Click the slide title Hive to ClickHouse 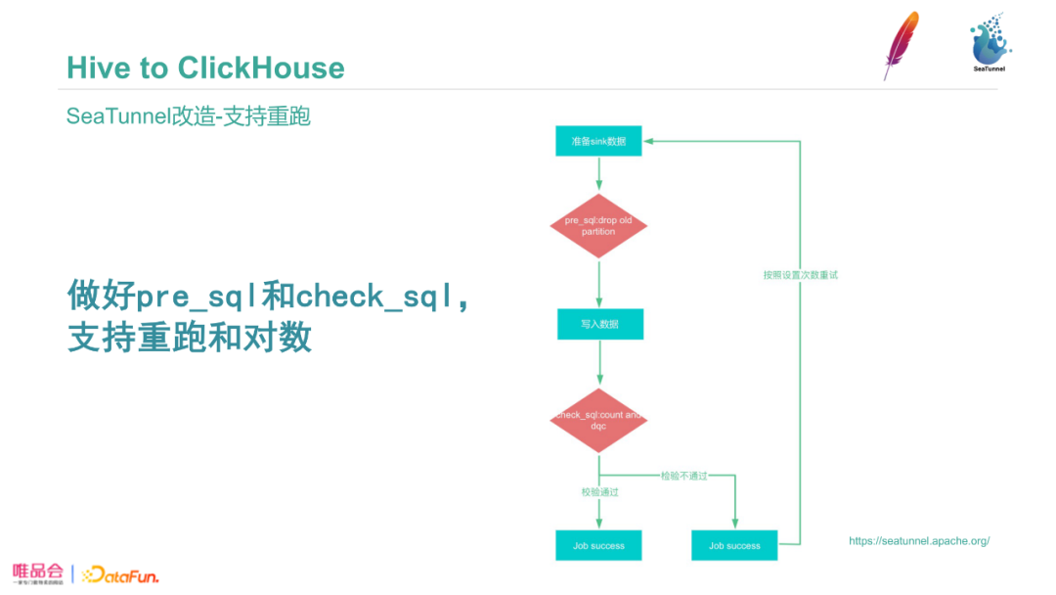[x=205, y=68]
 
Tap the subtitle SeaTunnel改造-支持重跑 [x=188, y=116]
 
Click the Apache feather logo [x=900, y=44]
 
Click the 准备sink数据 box [x=598, y=141]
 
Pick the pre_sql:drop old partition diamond [x=598, y=226]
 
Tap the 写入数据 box [x=599, y=324]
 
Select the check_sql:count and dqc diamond [x=598, y=420]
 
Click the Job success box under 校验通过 [x=598, y=545]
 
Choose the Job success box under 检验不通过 [x=734, y=545]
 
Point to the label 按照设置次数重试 [x=800, y=275]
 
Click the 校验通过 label [x=598, y=492]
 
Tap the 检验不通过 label [x=683, y=476]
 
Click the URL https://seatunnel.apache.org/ [x=919, y=541]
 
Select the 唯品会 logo [x=38, y=572]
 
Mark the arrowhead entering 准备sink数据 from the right [x=648, y=141]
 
